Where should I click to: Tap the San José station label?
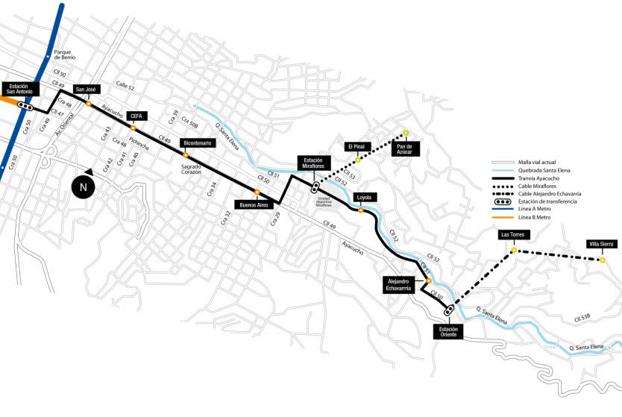pos(87,90)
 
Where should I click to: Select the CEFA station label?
pos(136,116)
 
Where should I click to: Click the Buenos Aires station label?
pos(253,204)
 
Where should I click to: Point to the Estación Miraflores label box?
pos(312,163)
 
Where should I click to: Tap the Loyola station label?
pos(364,198)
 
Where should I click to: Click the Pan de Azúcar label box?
pos(405,148)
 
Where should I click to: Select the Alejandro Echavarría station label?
pos(398,284)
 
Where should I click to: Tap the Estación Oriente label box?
pos(448,332)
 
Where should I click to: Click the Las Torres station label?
pos(513,235)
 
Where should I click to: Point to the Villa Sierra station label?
pos(601,244)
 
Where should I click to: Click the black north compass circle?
pos(84,187)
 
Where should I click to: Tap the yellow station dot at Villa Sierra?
pos(602,260)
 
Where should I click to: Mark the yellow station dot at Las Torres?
pos(514,250)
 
